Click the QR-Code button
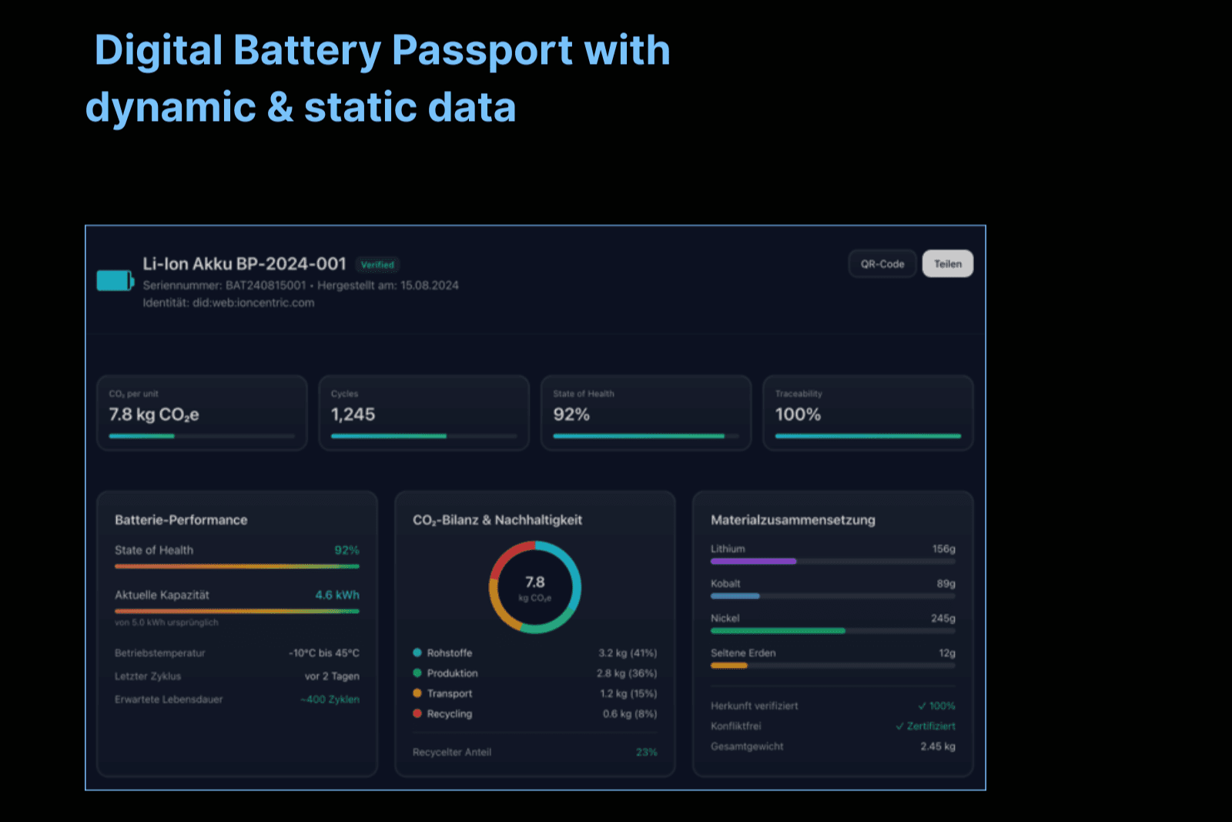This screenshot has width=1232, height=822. (882, 264)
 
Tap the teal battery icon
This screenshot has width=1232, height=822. (115, 280)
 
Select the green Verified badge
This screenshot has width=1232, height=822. (377, 265)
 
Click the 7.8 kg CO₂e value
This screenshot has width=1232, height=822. (154, 414)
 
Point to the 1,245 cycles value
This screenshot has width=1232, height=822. (353, 414)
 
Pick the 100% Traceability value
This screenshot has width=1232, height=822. (798, 414)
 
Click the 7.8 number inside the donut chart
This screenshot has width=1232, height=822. (535, 582)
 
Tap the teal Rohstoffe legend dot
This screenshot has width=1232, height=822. (417, 653)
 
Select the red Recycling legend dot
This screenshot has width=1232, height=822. (417, 713)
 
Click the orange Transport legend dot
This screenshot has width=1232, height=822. (417, 693)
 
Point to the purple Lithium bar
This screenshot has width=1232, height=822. (753, 562)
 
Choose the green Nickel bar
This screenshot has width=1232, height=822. (778, 631)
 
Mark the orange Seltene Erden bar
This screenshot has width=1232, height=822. (729, 666)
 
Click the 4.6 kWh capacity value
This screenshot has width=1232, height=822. (337, 595)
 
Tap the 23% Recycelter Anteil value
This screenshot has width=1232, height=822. (647, 752)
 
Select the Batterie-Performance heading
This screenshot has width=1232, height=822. (181, 520)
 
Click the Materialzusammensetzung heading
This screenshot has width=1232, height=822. (793, 520)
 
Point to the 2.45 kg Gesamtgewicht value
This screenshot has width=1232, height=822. (938, 747)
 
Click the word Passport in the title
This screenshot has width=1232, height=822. (482, 51)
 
